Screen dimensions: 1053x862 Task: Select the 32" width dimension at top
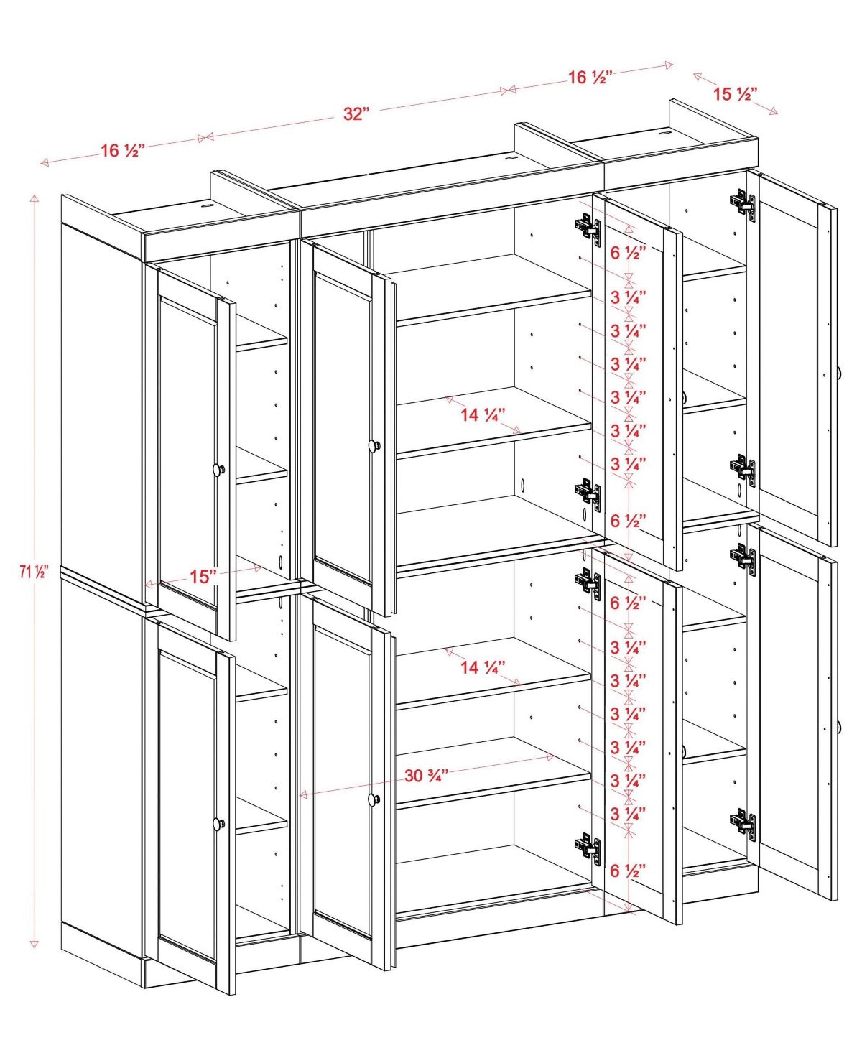356,113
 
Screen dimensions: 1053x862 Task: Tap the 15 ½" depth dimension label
735,94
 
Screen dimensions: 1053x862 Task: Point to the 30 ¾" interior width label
426,776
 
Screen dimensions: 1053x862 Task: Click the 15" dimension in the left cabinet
203,577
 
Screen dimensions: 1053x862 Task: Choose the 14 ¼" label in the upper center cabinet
483,415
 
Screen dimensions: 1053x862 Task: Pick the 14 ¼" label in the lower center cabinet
483,667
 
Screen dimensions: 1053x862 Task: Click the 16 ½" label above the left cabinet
122,151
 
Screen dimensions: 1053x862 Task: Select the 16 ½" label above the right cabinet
590,78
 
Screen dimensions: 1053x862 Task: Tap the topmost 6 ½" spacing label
628,253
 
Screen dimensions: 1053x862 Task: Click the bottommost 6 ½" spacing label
628,871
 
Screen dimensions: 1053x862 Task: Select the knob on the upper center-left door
374,446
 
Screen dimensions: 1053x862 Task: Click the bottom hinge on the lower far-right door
743,823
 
